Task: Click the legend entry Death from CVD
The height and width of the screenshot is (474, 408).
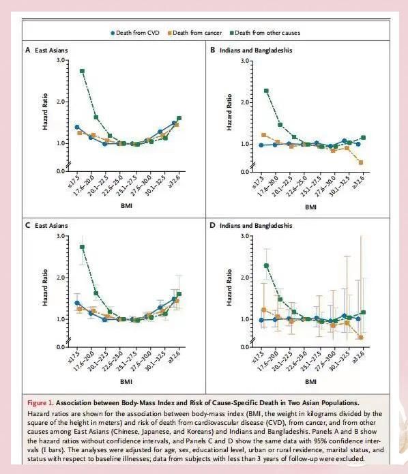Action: coord(135,33)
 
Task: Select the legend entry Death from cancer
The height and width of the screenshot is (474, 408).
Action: coord(194,33)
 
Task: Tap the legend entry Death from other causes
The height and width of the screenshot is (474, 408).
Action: coord(265,33)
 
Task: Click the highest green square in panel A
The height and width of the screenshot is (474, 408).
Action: coord(82,71)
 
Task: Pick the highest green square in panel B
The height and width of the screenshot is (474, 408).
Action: coord(266,91)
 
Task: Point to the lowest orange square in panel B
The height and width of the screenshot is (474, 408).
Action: coord(360,162)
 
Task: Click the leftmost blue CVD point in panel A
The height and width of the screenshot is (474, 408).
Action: coord(77,127)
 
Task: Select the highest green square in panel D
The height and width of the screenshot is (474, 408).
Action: coord(266,266)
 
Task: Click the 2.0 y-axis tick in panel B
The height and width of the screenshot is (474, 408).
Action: coord(245,102)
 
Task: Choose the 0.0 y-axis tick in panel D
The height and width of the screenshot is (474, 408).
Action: coord(245,346)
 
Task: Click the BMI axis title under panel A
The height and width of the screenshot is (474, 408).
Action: coord(126,206)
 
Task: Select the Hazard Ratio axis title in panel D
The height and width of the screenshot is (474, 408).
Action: coord(229,288)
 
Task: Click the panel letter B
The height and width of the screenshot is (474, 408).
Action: coord(213,50)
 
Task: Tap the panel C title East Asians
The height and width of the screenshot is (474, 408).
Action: coord(51,226)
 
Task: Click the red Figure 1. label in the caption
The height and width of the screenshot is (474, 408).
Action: coord(40,402)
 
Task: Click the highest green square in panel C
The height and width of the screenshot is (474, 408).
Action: coord(82,247)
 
